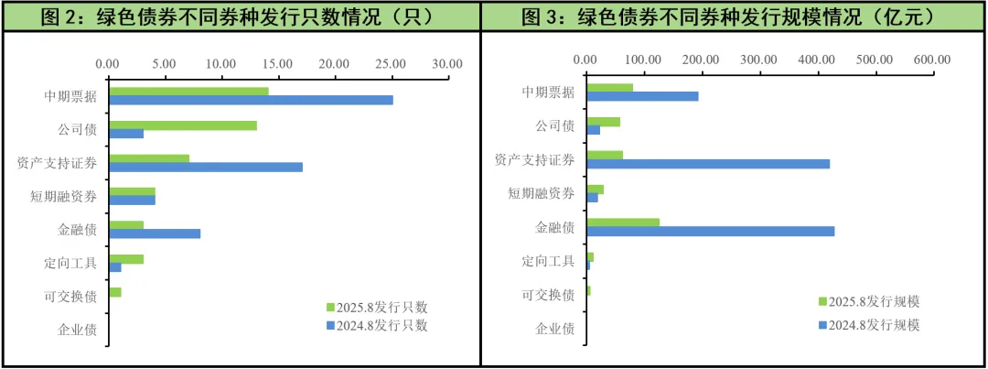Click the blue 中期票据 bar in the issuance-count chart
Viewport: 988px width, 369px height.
250,100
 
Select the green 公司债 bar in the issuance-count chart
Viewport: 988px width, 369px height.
182,125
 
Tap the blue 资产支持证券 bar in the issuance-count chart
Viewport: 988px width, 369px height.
205,167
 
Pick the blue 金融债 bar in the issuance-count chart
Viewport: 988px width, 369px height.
154,233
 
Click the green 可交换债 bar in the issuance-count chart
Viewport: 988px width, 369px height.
114,292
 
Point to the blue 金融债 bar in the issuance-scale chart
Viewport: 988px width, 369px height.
710,232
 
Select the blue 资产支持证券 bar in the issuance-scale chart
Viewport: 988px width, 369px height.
707,164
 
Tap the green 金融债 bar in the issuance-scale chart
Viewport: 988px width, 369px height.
622,222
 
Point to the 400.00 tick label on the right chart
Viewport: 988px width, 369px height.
816,60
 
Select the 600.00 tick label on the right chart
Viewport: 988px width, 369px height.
931,60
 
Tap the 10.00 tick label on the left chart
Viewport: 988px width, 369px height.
220,63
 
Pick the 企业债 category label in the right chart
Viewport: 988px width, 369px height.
554,328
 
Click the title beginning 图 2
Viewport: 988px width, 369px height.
240,16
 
